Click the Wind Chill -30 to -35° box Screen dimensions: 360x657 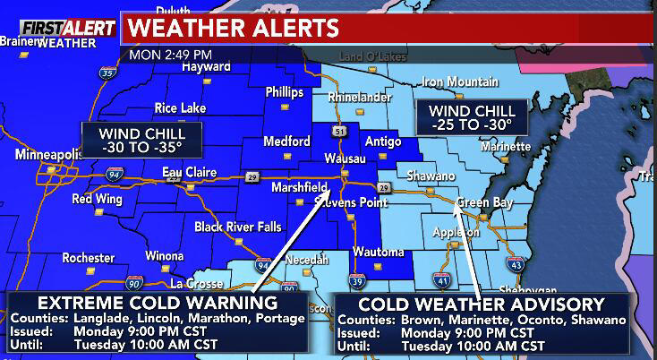click(x=141, y=140)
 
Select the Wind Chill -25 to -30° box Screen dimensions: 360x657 click(x=469, y=116)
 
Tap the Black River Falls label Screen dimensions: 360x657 click(x=236, y=227)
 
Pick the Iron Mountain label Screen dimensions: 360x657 click(x=459, y=81)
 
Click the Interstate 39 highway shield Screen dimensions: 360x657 click(x=356, y=279)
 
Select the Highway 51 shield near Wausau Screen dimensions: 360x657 click(x=338, y=132)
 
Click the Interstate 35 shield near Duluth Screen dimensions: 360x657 click(x=108, y=73)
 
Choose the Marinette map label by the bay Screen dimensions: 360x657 click(x=506, y=146)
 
